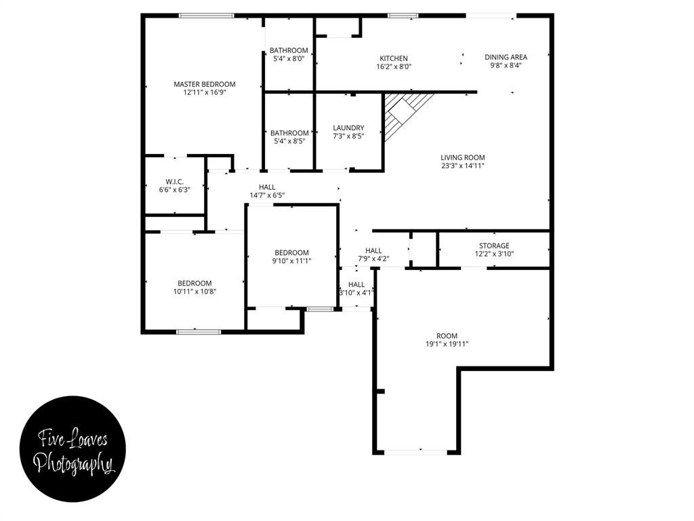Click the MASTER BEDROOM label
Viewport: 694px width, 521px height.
[x=205, y=84]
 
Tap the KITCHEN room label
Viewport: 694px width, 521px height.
[x=394, y=58]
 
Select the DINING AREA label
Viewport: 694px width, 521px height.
[x=506, y=57]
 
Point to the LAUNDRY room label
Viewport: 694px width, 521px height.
[x=348, y=128]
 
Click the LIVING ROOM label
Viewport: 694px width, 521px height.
[x=463, y=157]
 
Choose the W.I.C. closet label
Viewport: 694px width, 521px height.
[x=175, y=181]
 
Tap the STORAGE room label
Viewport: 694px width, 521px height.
[x=494, y=246]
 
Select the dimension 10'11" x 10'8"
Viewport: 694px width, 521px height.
[x=195, y=291]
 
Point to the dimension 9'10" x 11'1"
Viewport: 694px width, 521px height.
[x=291, y=261]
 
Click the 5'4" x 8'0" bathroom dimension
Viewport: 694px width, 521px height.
[x=289, y=59]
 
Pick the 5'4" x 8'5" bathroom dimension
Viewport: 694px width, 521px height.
[x=289, y=142]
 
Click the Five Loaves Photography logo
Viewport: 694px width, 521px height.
[x=73, y=452]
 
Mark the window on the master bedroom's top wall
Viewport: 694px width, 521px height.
[x=207, y=16]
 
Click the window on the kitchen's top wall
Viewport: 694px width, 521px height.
[x=403, y=16]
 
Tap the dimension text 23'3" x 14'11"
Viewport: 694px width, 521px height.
[x=463, y=166]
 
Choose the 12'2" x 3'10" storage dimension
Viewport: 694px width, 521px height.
[x=494, y=254]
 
